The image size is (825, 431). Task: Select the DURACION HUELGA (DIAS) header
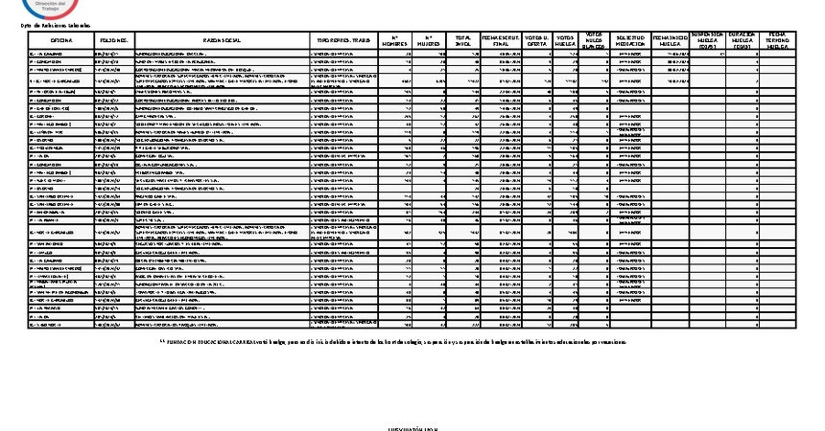[x=743, y=39]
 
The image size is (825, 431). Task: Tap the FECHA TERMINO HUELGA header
[x=778, y=39]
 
